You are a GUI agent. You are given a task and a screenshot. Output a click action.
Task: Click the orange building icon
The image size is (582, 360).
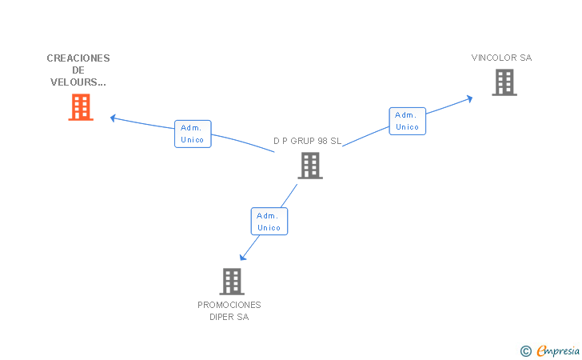point(81,107)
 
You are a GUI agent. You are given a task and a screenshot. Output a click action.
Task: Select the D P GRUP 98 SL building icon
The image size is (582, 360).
point(310,166)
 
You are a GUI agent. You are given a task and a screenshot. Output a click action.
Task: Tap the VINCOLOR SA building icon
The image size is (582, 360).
point(504,82)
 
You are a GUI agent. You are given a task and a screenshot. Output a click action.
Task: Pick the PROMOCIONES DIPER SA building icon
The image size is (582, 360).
point(232,282)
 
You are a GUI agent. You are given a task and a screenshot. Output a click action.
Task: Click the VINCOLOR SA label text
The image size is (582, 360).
point(501,58)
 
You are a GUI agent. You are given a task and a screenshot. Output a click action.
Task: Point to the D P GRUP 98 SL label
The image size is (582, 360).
point(307,141)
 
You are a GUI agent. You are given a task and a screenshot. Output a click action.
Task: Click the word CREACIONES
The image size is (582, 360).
point(78,58)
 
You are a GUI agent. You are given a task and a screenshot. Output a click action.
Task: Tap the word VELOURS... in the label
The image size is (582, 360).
point(78,82)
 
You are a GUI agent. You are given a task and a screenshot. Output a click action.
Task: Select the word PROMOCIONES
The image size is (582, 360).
point(229,305)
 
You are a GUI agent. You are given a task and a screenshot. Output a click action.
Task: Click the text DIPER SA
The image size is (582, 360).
point(229,317)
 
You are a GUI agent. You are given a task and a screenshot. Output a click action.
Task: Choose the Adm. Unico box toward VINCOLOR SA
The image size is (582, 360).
point(407,121)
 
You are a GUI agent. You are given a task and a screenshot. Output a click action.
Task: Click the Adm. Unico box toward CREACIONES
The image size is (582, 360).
point(193,134)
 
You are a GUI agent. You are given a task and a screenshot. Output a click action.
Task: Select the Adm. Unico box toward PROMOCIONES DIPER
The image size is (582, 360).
point(269,222)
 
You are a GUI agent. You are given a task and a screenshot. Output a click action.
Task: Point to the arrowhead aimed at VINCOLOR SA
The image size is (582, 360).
point(469,99)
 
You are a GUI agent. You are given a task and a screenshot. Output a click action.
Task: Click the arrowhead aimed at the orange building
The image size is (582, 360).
point(114,118)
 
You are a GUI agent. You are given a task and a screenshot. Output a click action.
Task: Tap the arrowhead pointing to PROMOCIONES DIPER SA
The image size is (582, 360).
point(243,257)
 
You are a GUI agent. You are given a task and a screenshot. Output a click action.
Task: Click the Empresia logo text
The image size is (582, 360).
point(558,350)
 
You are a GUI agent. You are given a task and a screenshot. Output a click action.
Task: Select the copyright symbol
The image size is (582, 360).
point(526,351)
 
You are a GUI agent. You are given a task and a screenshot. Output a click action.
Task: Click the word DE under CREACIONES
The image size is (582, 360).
point(78,70)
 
